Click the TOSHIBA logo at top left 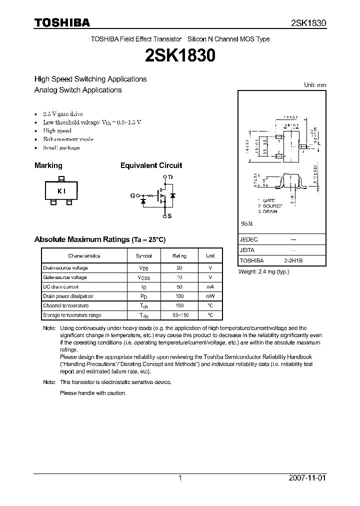[x=62, y=22]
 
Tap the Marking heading [x=48, y=165]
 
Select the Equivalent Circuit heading [x=151, y=165]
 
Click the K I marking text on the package [x=61, y=191]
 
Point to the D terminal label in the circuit [x=170, y=177]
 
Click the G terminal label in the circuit [x=132, y=196]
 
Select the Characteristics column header [x=84, y=255]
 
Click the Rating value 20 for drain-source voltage [x=179, y=268]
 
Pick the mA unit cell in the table [x=210, y=287]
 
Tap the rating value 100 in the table [x=179, y=296]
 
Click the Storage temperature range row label [x=72, y=315]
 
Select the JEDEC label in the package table [x=248, y=239]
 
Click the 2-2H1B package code [x=293, y=260]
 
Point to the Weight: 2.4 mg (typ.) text [x=263, y=271]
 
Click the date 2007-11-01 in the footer [x=307, y=478]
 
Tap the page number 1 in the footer [x=180, y=478]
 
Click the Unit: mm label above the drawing [x=315, y=85]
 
